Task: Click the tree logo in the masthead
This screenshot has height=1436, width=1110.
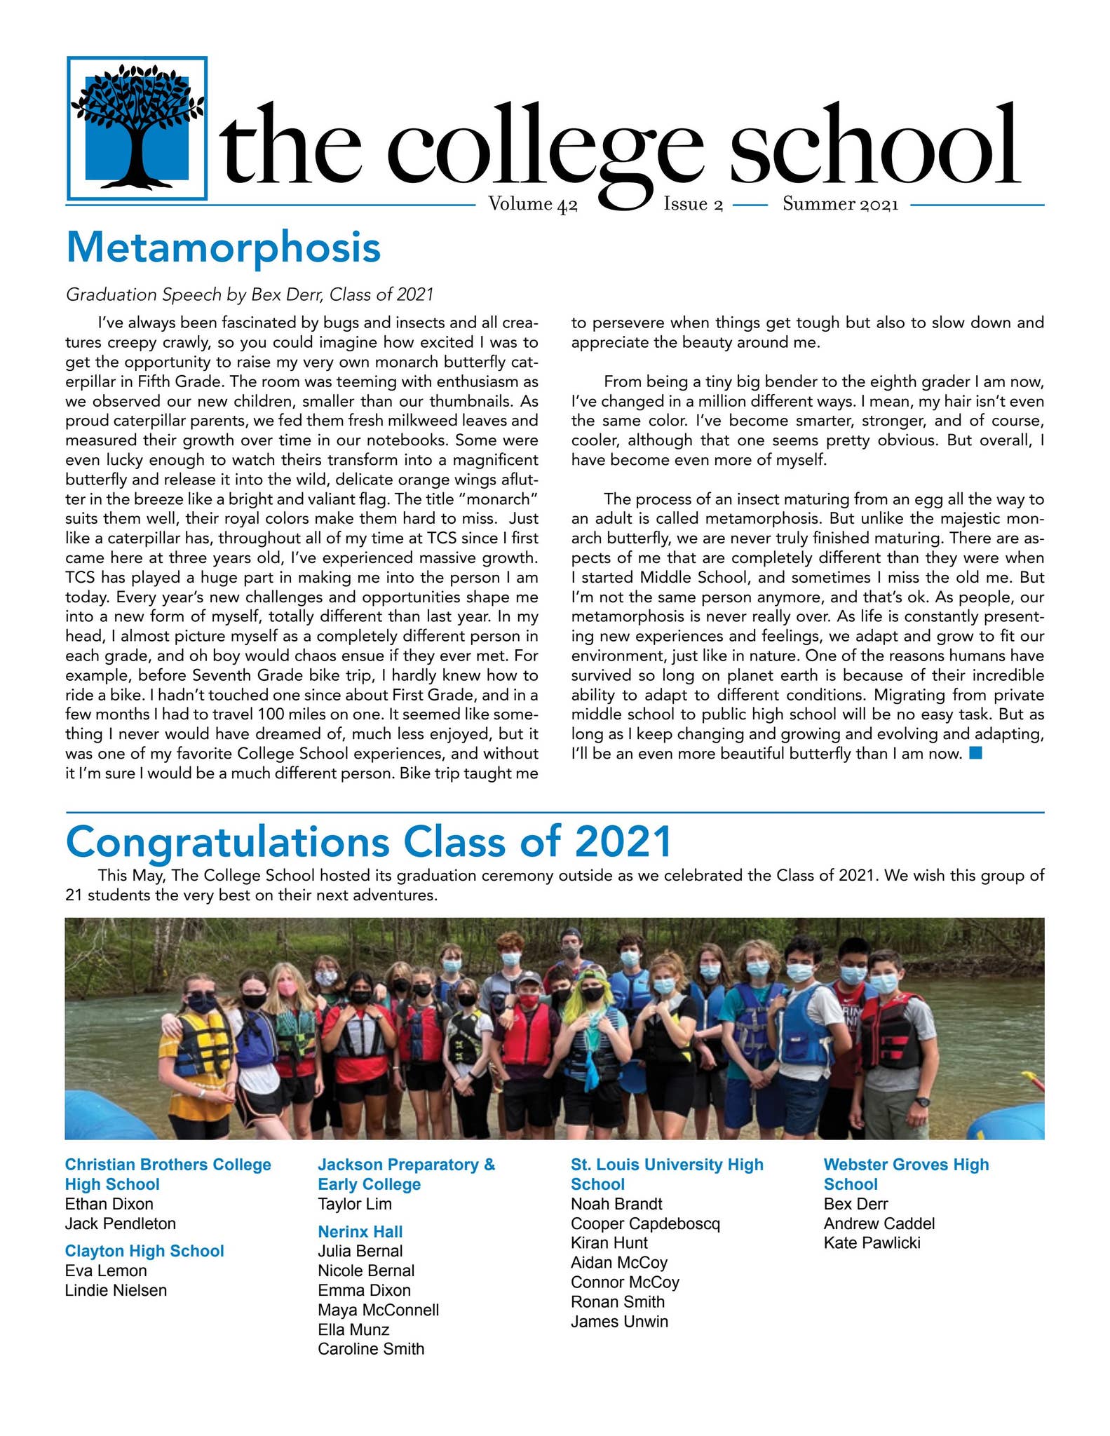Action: point(137,128)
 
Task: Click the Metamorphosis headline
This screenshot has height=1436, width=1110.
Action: point(223,248)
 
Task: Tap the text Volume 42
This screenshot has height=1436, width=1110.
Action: point(532,204)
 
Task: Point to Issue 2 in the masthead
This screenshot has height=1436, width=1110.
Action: point(693,204)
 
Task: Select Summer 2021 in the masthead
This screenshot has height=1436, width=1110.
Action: point(840,204)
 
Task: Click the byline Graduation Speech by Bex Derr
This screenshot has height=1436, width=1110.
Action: point(249,294)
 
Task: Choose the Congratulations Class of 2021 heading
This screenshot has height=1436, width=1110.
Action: point(369,842)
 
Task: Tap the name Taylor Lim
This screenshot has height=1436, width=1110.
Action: point(355,1204)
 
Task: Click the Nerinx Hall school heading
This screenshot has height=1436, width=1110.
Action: point(360,1231)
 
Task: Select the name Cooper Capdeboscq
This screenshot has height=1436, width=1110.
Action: point(645,1224)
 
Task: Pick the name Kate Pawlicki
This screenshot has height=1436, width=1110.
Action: point(872,1243)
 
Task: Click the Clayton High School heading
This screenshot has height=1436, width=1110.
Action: point(144,1251)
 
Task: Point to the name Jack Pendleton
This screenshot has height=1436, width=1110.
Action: point(120,1224)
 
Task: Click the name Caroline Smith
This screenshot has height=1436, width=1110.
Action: point(371,1349)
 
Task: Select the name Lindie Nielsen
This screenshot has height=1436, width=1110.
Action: point(116,1290)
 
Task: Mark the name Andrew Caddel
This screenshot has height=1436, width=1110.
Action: point(879,1224)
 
